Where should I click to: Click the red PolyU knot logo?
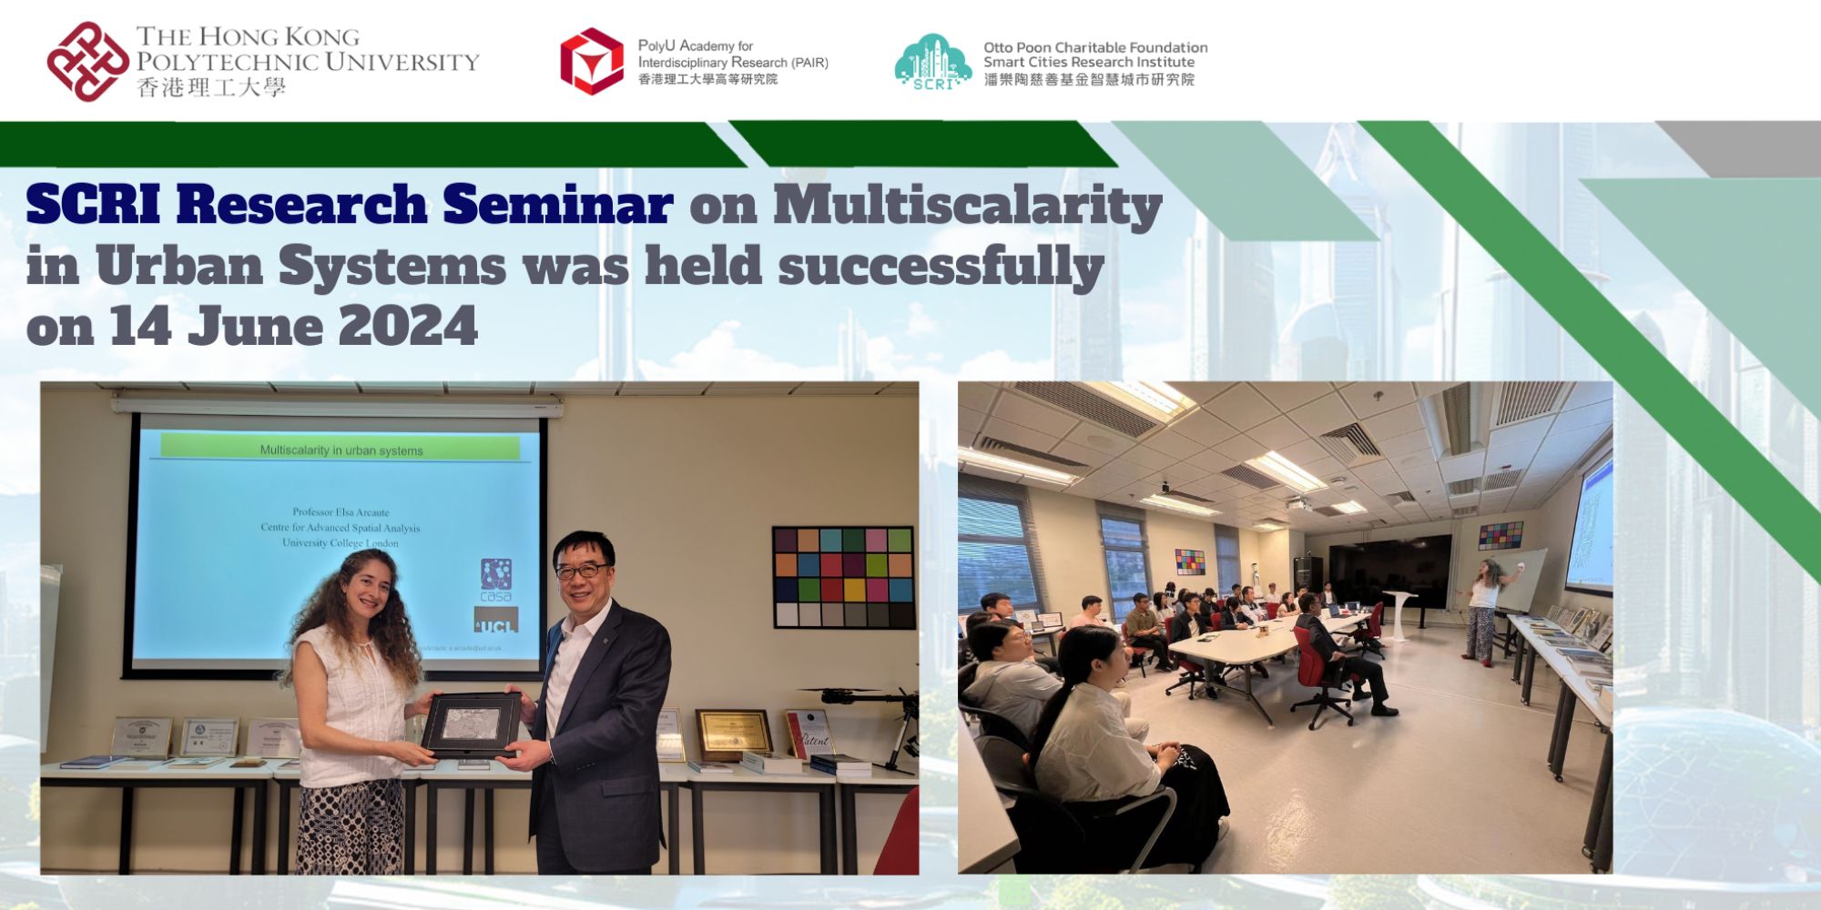click(x=87, y=62)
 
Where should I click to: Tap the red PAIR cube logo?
click(x=592, y=62)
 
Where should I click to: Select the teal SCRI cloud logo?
click(x=932, y=62)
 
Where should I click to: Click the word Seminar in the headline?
click(x=557, y=205)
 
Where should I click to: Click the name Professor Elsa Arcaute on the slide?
click(x=341, y=511)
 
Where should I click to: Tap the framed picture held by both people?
click(x=471, y=724)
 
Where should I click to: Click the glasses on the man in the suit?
click(x=581, y=571)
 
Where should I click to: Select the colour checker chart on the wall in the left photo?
click(x=843, y=577)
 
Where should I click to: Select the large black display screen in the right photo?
click(x=1389, y=571)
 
